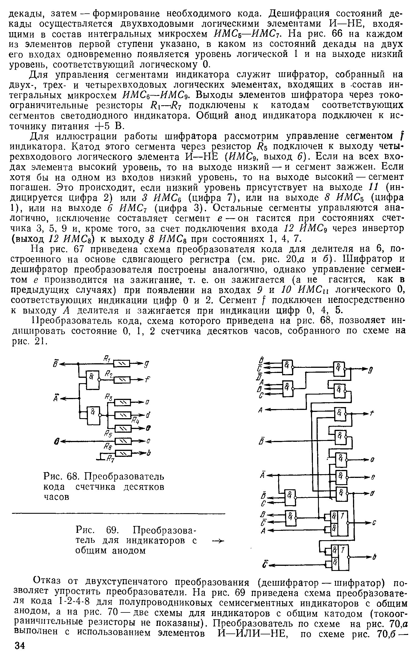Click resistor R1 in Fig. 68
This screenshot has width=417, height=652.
[x=122, y=363]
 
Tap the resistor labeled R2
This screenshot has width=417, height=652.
[x=122, y=379]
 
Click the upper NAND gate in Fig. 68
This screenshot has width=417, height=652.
[x=93, y=380]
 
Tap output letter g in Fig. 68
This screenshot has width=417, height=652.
[x=148, y=363]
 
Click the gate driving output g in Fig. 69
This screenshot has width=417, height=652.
[x=339, y=369]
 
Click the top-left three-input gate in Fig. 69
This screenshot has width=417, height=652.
[x=287, y=367]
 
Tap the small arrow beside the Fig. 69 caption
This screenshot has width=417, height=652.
[x=216, y=540]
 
